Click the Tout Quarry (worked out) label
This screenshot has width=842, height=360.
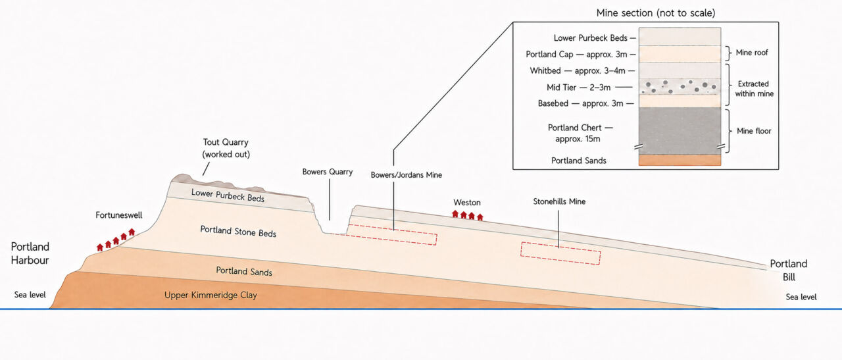tap(226, 148)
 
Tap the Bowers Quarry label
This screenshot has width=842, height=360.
tap(328, 172)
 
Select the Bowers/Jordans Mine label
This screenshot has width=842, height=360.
tap(407, 175)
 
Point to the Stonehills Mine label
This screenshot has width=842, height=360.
tap(559, 201)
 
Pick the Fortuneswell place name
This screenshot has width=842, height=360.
tap(119, 215)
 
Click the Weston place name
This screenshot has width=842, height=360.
tap(467, 203)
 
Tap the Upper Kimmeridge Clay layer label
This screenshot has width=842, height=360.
tap(210, 295)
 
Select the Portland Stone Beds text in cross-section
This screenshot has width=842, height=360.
tap(238, 232)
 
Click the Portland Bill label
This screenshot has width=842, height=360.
tap(789, 270)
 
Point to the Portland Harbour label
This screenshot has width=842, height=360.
tap(30, 253)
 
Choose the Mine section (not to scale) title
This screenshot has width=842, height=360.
tap(656, 13)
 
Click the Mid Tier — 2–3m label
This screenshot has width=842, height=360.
tap(578, 88)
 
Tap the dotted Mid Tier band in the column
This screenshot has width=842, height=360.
tap(680, 86)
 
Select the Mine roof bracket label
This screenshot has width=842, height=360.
tap(752, 53)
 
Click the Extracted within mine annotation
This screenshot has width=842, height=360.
tap(754, 89)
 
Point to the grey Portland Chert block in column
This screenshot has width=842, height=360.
tap(680, 131)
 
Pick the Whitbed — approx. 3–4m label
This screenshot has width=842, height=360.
tap(578, 70)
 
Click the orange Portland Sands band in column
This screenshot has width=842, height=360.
tap(680, 160)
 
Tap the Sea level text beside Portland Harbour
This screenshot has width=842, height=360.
tap(30, 295)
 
